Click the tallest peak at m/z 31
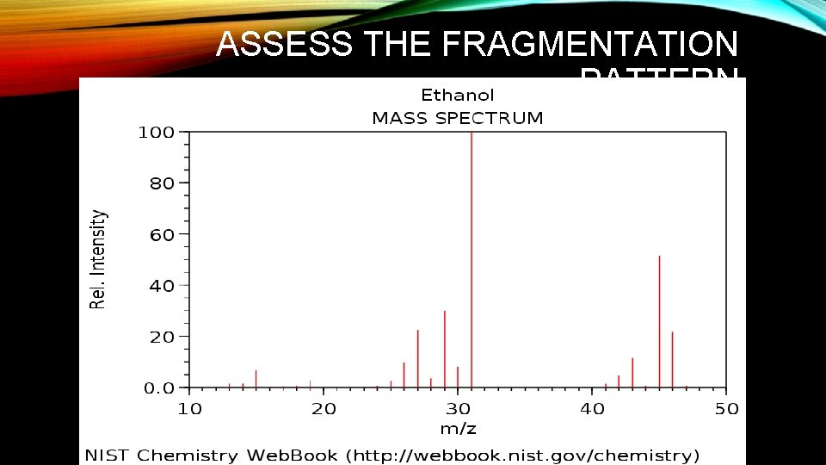click(x=472, y=258)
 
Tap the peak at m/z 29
click(x=445, y=349)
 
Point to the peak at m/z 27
click(x=418, y=358)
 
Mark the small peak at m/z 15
click(x=256, y=379)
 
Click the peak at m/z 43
click(x=632, y=372)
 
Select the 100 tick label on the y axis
click(x=157, y=133)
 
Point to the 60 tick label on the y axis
click(x=162, y=234)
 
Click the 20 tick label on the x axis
click(x=324, y=409)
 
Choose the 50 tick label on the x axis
click(x=726, y=409)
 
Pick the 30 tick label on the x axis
click(x=458, y=409)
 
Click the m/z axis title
click(x=458, y=429)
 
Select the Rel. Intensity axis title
click(x=100, y=259)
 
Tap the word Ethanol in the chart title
click(x=457, y=95)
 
